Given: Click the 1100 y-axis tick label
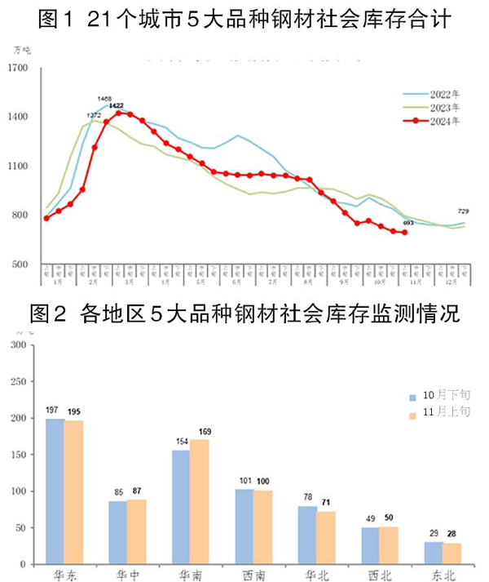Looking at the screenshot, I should point(17,167).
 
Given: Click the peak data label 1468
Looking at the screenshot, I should point(104,99).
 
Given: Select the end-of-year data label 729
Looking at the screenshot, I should point(461,212).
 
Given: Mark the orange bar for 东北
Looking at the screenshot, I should point(453,553).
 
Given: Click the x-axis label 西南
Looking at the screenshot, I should point(253,574).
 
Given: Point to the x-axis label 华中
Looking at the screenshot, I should point(127,574).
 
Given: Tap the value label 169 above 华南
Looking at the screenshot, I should point(200,431).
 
